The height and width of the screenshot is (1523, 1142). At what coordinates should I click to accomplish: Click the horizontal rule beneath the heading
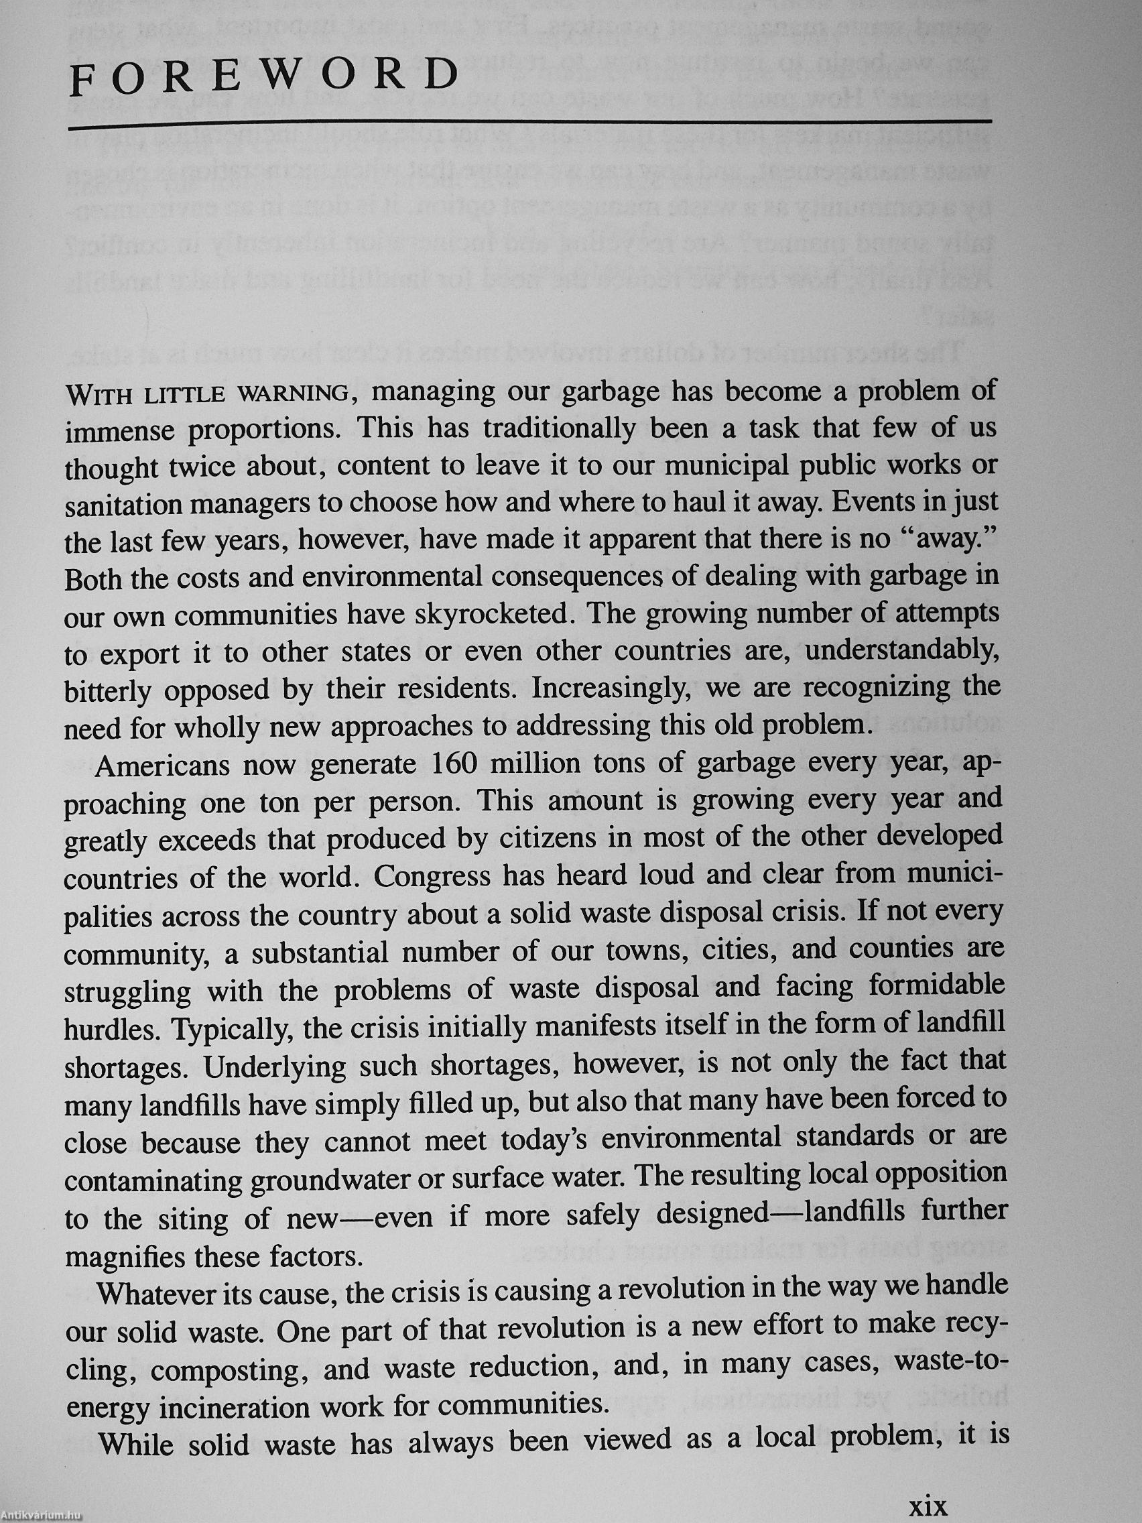click(530, 125)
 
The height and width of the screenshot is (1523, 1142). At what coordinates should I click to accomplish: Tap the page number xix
click(929, 1504)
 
